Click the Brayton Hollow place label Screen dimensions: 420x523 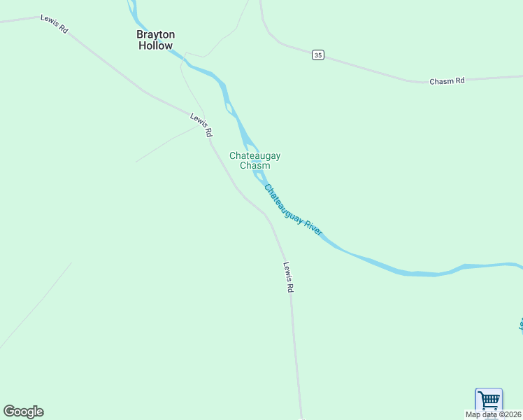(155, 40)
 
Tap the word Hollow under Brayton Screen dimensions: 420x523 (155, 45)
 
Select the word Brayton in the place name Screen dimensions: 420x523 (155, 34)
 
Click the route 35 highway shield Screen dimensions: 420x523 (318, 55)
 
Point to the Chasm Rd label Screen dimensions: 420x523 (447, 81)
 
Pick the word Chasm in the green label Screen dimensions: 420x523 (255, 166)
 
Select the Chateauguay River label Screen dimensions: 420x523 (293, 210)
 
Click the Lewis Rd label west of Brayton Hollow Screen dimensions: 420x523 (54, 24)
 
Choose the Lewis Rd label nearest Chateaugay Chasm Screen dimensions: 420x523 (201, 124)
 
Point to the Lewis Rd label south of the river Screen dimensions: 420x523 (288, 277)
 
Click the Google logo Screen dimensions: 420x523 (23, 412)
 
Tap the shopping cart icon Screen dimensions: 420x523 (489, 400)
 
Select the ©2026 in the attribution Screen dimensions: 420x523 (510, 414)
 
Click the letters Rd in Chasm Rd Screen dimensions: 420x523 (459, 80)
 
